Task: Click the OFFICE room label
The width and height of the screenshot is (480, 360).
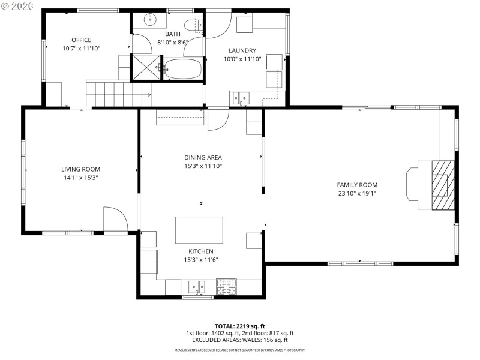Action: [81, 40]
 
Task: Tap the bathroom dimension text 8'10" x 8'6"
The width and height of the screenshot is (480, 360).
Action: [173, 43]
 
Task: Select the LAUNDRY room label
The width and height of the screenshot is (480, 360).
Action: [242, 50]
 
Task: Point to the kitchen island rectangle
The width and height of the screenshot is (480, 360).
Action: [199, 230]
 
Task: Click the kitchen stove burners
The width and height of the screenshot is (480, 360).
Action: [227, 286]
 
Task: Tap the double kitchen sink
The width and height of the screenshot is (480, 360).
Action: [197, 287]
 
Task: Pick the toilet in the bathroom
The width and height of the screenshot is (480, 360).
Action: [192, 25]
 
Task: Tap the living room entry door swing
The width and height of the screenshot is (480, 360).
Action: [114, 220]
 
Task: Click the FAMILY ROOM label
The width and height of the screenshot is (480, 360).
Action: [357, 185]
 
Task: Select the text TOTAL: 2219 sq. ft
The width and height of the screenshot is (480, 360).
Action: [239, 326]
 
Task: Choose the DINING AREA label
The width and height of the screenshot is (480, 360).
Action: [203, 157]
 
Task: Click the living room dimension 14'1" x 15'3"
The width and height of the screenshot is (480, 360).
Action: [80, 178]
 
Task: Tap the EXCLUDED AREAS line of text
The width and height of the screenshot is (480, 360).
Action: [239, 340]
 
